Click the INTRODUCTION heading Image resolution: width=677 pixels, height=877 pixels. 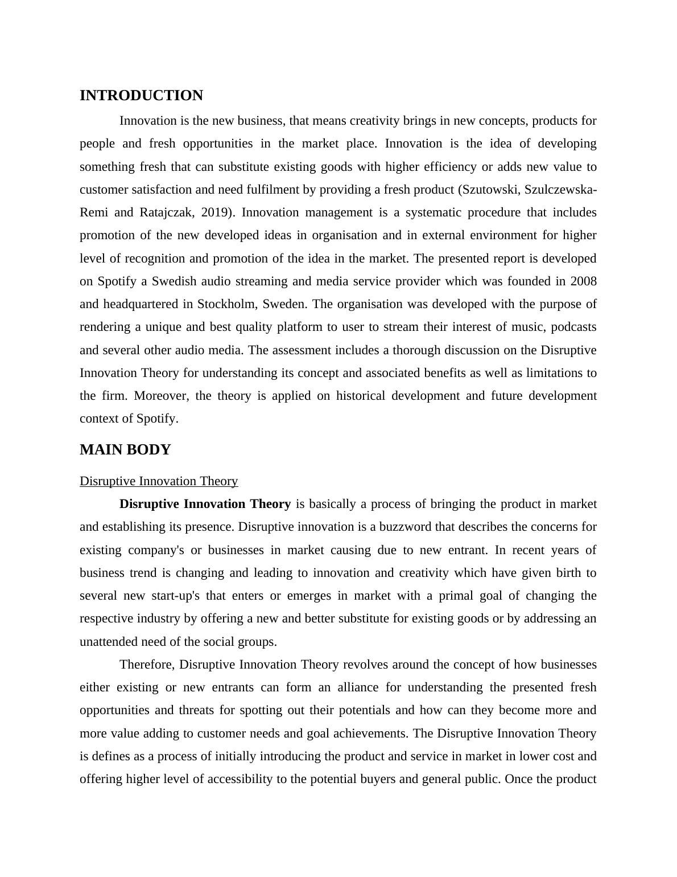click(x=141, y=96)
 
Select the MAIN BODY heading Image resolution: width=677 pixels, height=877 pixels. click(x=125, y=450)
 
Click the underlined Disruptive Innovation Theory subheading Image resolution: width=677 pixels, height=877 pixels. click(x=159, y=481)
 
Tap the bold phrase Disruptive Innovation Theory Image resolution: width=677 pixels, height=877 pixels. click(x=205, y=504)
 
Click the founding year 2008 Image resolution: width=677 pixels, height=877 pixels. click(x=583, y=281)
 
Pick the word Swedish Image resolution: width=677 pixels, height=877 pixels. click(x=174, y=281)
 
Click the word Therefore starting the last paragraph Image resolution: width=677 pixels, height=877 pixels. click(x=149, y=665)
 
